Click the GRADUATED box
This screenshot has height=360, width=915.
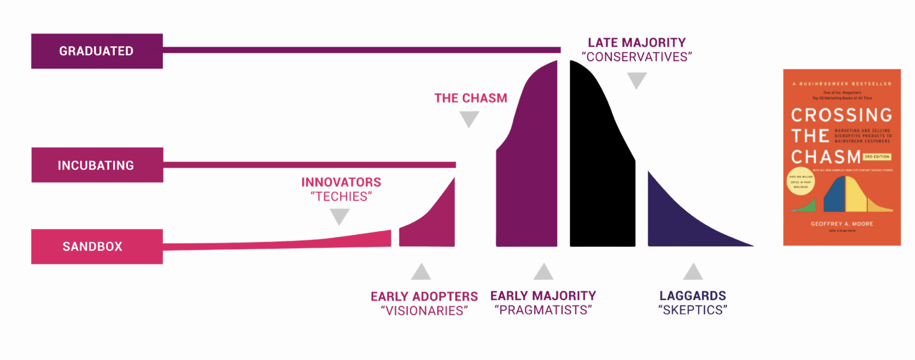pyautogui.click(x=97, y=51)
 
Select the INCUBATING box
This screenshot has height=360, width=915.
pyautogui.click(x=97, y=165)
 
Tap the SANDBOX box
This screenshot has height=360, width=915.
pyautogui.click(x=97, y=246)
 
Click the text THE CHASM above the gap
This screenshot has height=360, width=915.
pyautogui.click(x=470, y=98)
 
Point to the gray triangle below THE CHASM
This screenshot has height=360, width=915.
pyautogui.click(x=469, y=120)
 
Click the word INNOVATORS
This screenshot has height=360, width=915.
pyautogui.click(x=341, y=182)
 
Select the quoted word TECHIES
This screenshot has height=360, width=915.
pyautogui.click(x=341, y=196)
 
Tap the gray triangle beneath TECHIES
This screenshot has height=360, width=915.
pyautogui.click(x=339, y=218)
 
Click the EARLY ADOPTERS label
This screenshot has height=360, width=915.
pyautogui.click(x=424, y=296)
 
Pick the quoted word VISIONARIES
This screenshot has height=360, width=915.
pyautogui.click(x=424, y=311)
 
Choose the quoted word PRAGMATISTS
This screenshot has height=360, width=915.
pyautogui.click(x=543, y=311)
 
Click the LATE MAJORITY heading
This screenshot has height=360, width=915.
pyautogui.click(x=636, y=42)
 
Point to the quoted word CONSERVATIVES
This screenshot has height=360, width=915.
pyautogui.click(x=636, y=57)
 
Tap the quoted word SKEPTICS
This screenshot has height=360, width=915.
pyautogui.click(x=693, y=310)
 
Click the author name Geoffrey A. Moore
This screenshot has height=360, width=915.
pyautogui.click(x=842, y=223)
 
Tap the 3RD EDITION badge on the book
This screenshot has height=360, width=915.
pyautogui.click(x=877, y=157)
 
